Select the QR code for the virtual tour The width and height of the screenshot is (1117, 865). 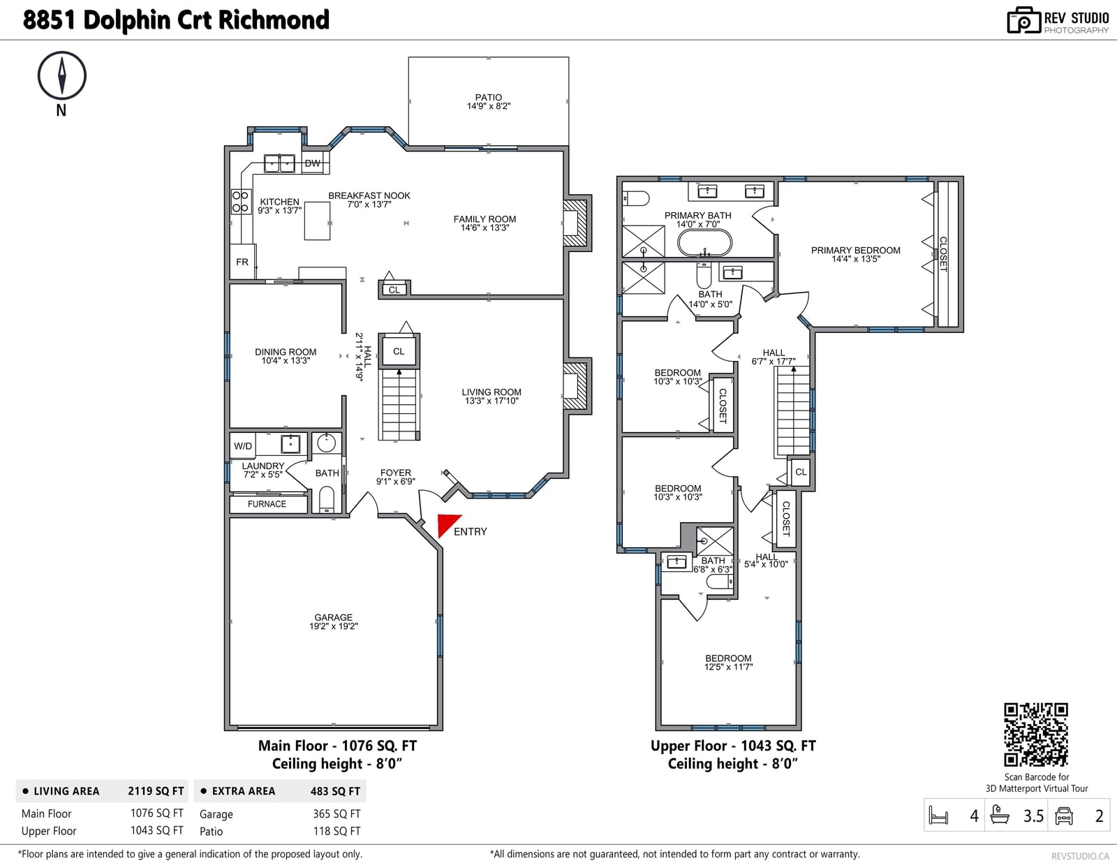pyautogui.click(x=1036, y=734)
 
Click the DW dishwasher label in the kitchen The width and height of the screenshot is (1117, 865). pyautogui.click(x=313, y=163)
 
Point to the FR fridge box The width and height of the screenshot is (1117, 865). pyautogui.click(x=242, y=262)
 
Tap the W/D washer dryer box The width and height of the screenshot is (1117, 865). pyautogui.click(x=243, y=445)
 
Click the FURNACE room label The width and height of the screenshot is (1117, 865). pyautogui.click(x=267, y=503)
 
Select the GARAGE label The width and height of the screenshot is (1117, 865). pyautogui.click(x=334, y=616)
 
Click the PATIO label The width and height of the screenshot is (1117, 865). pyautogui.click(x=488, y=97)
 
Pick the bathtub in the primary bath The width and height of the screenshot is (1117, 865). pyautogui.click(x=704, y=242)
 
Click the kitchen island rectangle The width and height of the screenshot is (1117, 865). pyautogui.click(x=317, y=221)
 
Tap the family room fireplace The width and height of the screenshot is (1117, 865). pyautogui.click(x=576, y=223)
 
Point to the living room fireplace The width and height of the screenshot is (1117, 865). pyautogui.click(x=576, y=386)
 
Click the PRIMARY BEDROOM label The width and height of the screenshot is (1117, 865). pyautogui.click(x=855, y=251)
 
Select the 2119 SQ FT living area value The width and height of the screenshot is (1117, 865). pyautogui.click(x=156, y=791)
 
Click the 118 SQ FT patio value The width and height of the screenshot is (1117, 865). pyautogui.click(x=336, y=831)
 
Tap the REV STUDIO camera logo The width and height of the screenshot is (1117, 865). pyautogui.click(x=1023, y=20)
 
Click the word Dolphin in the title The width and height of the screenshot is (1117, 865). pyautogui.click(x=127, y=20)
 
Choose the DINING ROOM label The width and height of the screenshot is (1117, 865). pyautogui.click(x=286, y=352)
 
